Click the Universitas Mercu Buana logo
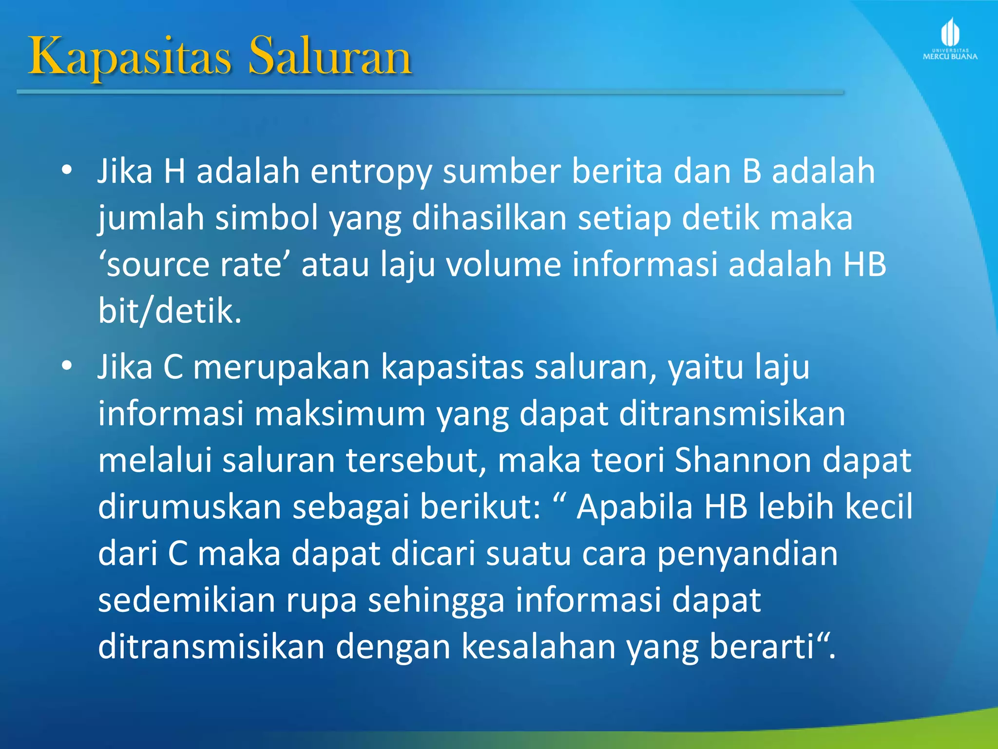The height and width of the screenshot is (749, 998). (x=950, y=39)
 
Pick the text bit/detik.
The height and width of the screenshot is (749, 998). (x=170, y=311)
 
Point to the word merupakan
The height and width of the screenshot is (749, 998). (x=282, y=367)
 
